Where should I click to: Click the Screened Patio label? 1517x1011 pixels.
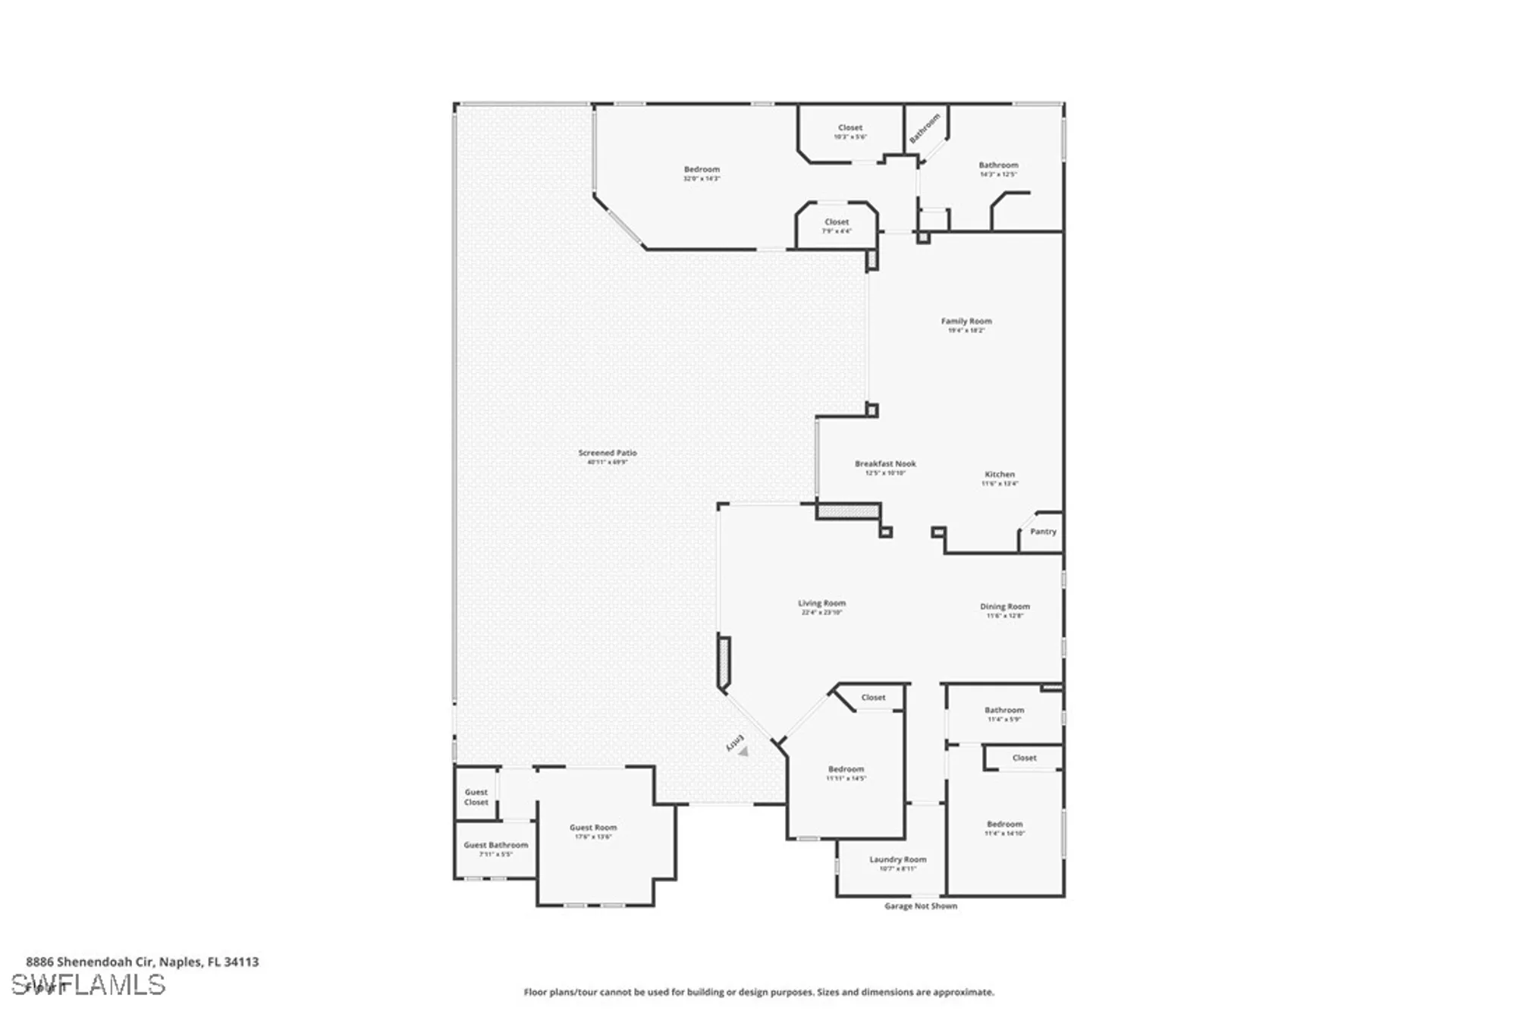click(x=608, y=454)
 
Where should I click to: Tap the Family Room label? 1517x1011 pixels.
click(x=966, y=322)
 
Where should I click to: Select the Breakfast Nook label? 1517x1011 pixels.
click(x=885, y=464)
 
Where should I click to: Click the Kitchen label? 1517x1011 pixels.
click(x=1000, y=475)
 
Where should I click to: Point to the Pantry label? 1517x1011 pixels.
click(x=1043, y=532)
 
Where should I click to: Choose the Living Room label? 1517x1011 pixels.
click(x=821, y=604)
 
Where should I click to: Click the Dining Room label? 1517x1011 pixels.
click(x=1005, y=607)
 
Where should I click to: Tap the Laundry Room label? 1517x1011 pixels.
click(x=898, y=860)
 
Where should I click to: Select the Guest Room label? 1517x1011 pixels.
click(x=593, y=828)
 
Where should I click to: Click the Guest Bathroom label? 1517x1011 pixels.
click(x=496, y=846)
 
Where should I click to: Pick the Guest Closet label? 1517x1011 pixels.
click(x=476, y=797)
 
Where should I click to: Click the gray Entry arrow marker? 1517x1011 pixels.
click(x=743, y=752)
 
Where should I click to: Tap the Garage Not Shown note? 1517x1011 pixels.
click(x=921, y=906)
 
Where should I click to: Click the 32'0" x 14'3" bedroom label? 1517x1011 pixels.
click(x=702, y=171)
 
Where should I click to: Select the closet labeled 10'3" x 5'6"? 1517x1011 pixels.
click(x=850, y=129)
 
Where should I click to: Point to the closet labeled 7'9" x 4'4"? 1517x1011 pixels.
click(x=837, y=223)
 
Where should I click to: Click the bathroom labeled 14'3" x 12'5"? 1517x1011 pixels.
click(x=998, y=166)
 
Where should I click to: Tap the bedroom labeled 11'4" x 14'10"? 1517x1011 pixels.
click(x=1004, y=825)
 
